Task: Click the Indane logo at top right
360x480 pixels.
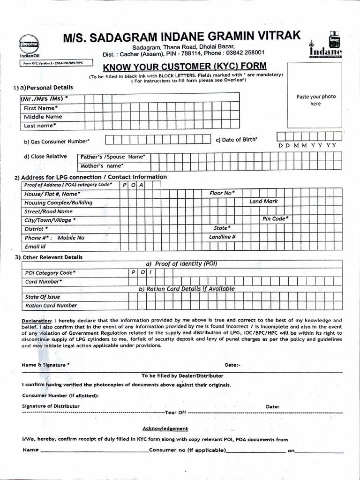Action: pos(325,46)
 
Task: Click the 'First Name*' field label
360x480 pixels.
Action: pos(41,108)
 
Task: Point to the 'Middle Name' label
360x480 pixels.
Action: pos(43,117)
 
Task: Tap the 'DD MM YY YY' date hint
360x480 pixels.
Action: pos(307,145)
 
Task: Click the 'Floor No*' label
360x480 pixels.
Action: pos(222,193)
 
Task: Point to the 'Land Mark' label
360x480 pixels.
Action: pos(263,202)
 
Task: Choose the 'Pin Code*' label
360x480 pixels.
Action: pos(275,219)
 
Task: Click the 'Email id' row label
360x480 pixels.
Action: pos(35,247)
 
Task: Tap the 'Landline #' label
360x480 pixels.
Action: pos(222,237)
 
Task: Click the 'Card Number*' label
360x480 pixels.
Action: pos(44,282)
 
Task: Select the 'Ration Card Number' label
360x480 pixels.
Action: pos(51,305)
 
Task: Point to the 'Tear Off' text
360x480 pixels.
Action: pos(176,412)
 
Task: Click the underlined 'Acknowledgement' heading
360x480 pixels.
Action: pos(165,428)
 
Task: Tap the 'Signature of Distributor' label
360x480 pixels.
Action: pos(51,406)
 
